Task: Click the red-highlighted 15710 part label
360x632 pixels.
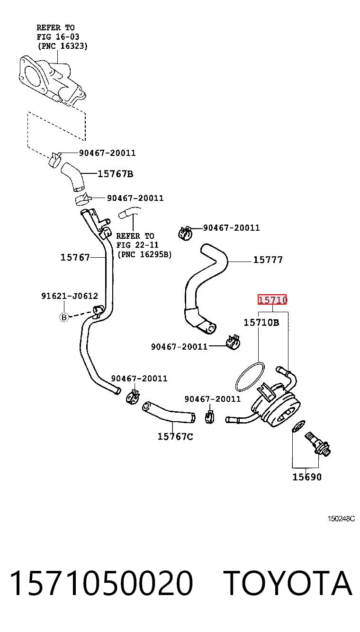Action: coord(272,299)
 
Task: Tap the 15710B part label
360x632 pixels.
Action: coord(261,322)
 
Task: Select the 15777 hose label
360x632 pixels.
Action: coord(268,260)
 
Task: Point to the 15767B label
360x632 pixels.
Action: coord(115,174)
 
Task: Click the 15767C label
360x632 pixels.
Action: coord(175,436)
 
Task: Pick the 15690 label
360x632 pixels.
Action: coord(306,477)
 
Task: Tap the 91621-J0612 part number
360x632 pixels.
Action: coord(70,296)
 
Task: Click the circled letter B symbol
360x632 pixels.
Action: coord(64,317)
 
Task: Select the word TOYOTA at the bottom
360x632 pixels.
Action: coord(288,583)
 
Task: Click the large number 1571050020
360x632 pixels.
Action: coord(101,583)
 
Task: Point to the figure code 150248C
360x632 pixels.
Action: coord(341,519)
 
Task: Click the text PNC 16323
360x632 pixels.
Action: coord(63,46)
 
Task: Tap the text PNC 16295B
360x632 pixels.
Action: coord(144,254)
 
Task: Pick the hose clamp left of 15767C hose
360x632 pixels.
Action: coord(133,397)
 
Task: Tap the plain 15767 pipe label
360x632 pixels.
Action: coord(75,257)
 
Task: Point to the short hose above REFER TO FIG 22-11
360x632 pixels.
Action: coord(129,213)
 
